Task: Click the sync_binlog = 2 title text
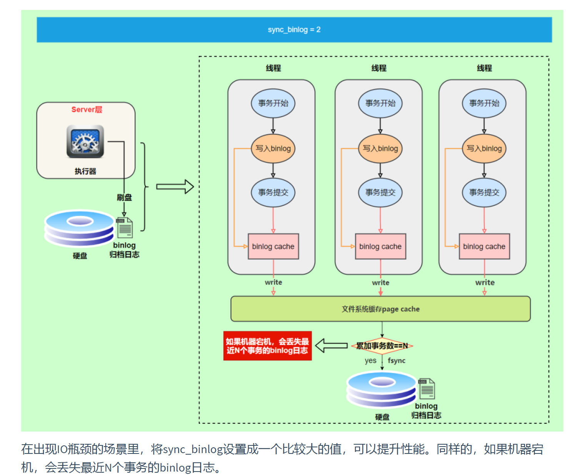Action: [294, 30]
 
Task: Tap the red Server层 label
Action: [87, 110]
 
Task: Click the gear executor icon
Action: [85, 141]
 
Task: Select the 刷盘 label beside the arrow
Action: [124, 198]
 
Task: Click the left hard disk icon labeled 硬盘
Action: [80, 229]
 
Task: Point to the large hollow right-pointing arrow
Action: [175, 187]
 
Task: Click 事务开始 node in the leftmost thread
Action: [273, 103]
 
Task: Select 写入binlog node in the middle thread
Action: [380, 148]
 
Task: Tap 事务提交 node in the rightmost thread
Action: [484, 193]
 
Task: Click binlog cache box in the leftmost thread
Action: [273, 246]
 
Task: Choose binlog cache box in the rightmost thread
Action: [484, 246]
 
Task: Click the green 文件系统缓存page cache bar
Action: [380, 309]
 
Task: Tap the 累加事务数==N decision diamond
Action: [382, 346]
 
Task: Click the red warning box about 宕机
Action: [267, 346]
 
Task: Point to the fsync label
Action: [396, 360]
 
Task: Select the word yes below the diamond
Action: [370, 360]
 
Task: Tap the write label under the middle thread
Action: [380, 282]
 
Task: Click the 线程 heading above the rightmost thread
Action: [484, 68]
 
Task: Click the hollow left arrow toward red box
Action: [331, 345]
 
